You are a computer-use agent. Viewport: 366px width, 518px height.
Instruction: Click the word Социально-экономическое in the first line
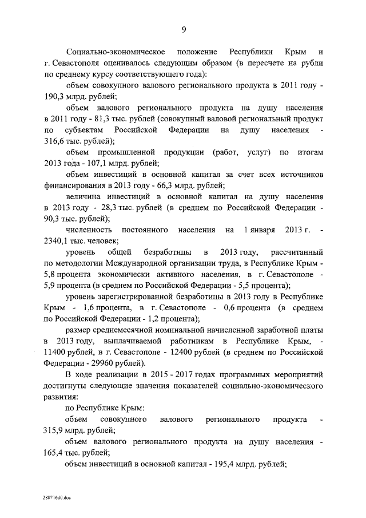click(x=116, y=52)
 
